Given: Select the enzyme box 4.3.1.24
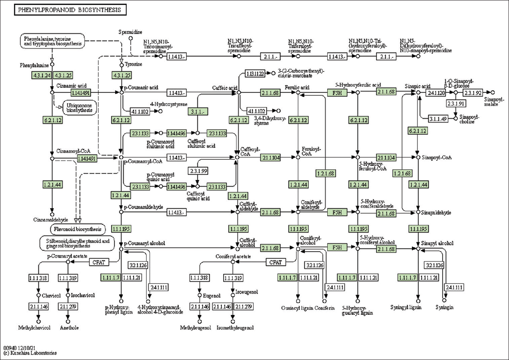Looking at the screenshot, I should pyautogui.click(x=41, y=75).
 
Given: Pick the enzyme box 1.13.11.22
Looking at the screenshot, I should pyautogui.click(x=254, y=74).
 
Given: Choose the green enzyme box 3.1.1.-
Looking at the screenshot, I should pyautogui.click(x=199, y=112).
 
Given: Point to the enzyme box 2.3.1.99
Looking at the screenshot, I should pyautogui.click(x=199, y=171).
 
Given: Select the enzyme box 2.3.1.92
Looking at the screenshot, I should pyautogui.click(x=473, y=92).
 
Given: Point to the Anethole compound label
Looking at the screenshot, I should pyautogui.click(x=69, y=327).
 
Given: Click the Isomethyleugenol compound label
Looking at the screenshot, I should pyautogui.click(x=235, y=327).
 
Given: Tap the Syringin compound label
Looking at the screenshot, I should pyautogui.click(x=444, y=307).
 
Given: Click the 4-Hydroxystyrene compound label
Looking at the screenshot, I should pyautogui.click(x=169, y=104).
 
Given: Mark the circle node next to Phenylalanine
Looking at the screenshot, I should pyautogui.click(x=52, y=65).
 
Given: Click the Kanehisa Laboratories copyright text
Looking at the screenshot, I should pyautogui.click(x=30, y=353).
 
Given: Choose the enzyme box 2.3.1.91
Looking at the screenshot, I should pyautogui.click(x=456, y=103).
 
